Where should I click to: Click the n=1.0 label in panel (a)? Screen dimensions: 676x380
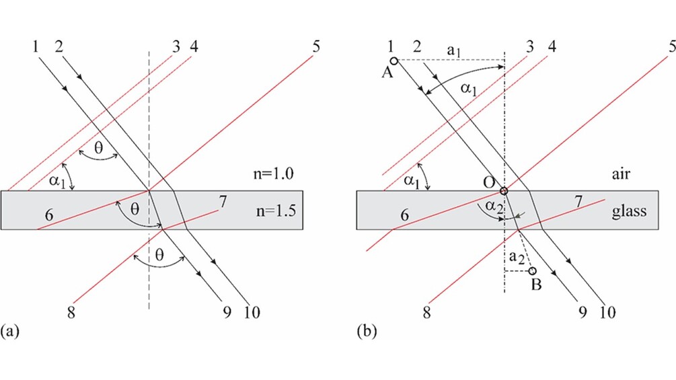point(273,174)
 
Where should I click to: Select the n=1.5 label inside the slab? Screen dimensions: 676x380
point(276,211)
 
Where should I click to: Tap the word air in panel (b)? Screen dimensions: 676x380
point(621,174)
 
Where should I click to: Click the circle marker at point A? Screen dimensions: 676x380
point(393,61)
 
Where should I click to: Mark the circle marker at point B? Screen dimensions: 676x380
point(533,270)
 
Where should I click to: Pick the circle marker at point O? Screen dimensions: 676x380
point(504,191)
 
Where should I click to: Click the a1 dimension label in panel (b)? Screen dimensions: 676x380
point(453,51)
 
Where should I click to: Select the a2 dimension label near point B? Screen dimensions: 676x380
point(517,257)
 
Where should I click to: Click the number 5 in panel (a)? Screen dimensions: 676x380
point(316,46)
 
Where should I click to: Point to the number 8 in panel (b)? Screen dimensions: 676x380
point(426,312)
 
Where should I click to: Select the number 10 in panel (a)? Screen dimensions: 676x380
point(252,312)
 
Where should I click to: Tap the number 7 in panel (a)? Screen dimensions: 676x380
point(223,202)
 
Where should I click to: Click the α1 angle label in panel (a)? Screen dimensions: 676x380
point(57,180)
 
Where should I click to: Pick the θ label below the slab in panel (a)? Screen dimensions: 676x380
point(159,255)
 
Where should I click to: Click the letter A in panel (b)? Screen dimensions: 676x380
point(387,73)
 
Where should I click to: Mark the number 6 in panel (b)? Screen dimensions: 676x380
point(404,214)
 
